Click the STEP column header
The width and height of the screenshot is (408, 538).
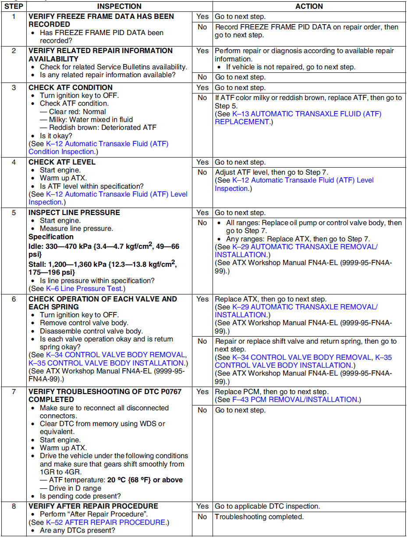coord(13,7)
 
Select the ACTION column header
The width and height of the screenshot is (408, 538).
coord(309,7)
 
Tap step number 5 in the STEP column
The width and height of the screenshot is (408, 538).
coord(13,213)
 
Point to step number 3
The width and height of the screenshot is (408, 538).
coord(13,88)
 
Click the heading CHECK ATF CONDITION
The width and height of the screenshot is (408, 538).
coord(71,88)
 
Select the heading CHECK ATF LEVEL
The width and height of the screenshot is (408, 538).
coord(62,162)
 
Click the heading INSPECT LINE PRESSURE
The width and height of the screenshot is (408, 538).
coord(74,213)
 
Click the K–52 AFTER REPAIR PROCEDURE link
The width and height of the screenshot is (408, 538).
coord(106,523)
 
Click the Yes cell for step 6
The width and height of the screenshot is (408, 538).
coord(202,299)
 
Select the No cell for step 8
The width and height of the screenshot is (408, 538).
coord(202,517)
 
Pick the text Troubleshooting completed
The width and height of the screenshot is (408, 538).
coord(259,517)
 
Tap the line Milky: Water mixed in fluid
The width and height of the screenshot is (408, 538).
coord(91,119)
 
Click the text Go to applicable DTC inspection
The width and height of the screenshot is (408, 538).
coord(267,506)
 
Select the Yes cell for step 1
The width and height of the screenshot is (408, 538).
coord(202,17)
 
